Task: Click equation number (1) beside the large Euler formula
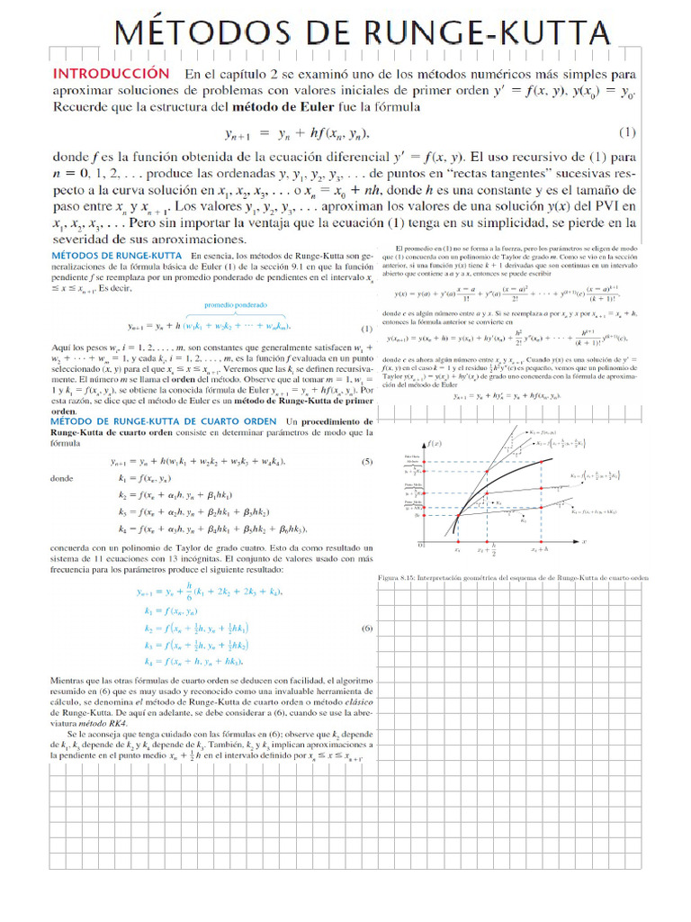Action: [x=627, y=132]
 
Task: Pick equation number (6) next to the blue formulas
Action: [x=366, y=628]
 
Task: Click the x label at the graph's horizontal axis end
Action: [x=584, y=541]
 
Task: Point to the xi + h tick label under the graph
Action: [x=539, y=549]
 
